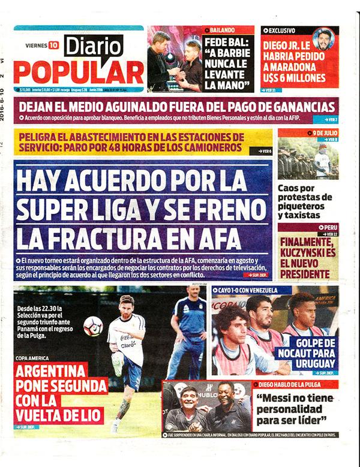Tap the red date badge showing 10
[x=54, y=44]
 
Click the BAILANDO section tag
[x=222, y=29]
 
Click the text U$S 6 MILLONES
[x=297, y=78]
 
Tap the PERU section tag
[x=328, y=228]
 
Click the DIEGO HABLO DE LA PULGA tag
[x=291, y=384]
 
